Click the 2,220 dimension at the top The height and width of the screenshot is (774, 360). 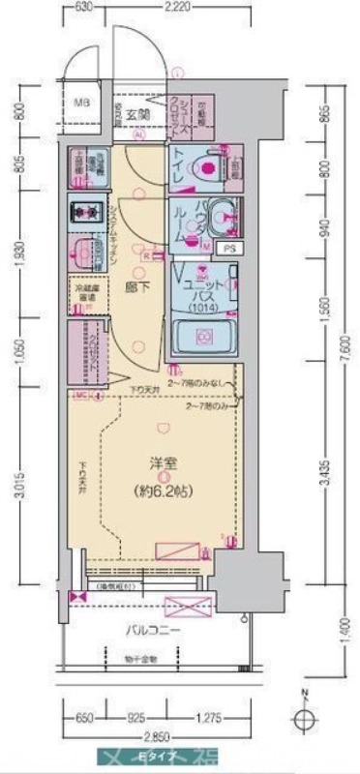pos(174,7)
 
